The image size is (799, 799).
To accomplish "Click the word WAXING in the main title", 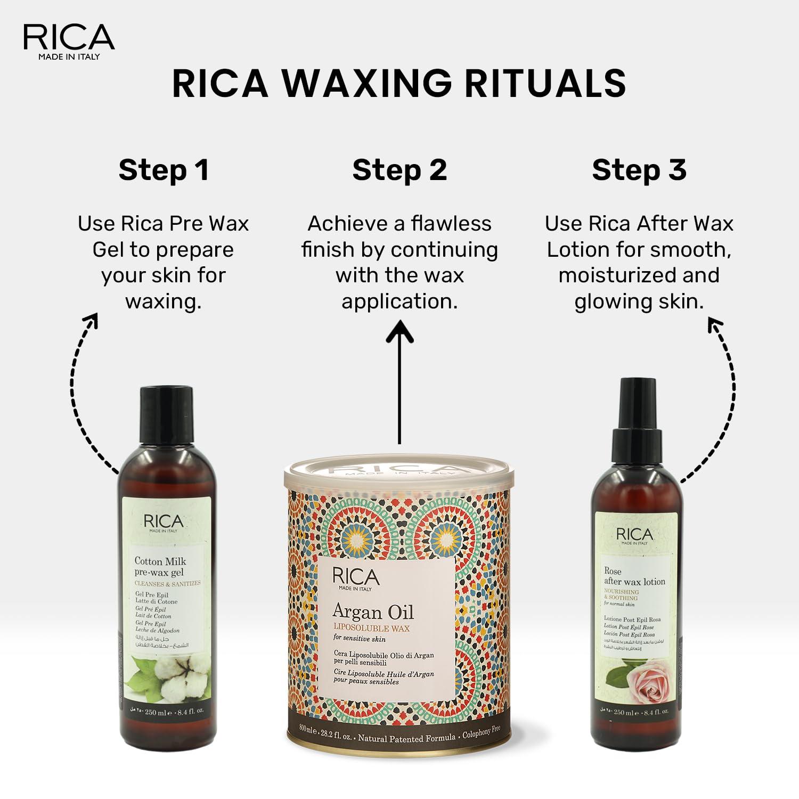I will (365, 83).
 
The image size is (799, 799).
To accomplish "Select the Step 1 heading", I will (164, 170).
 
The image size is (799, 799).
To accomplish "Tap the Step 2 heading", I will (399, 170).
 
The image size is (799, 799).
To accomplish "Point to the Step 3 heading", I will (639, 170).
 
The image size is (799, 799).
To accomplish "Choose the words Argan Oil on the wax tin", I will (373, 612).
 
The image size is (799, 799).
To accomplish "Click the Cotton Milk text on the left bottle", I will (160, 561).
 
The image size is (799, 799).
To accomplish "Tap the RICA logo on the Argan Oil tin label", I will (356, 578).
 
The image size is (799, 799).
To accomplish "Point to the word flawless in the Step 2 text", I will (451, 224).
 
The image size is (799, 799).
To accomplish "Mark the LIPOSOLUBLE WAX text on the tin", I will (371, 629).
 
